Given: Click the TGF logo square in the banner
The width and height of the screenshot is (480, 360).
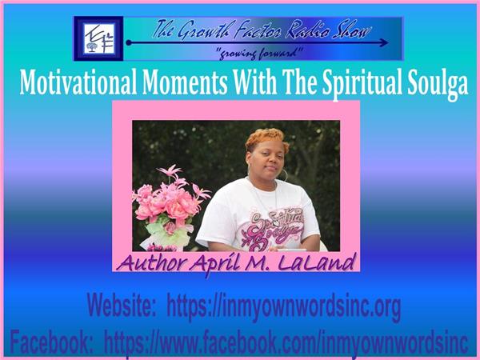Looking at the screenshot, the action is [x=98, y=38].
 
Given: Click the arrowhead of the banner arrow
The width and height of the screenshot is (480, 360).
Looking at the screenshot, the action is [x=383, y=42].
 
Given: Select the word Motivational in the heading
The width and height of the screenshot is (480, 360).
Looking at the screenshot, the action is [x=78, y=82].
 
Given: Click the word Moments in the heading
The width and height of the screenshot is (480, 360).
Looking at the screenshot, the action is [x=185, y=82].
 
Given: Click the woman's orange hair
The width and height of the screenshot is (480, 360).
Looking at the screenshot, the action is [x=266, y=138].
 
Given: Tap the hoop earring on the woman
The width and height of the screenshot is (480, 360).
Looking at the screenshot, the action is [x=284, y=174].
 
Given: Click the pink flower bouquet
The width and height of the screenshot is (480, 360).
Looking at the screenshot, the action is [x=170, y=203].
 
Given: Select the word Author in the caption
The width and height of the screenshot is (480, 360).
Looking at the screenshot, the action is [x=152, y=262].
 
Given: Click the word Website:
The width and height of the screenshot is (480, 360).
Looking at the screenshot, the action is [x=122, y=306].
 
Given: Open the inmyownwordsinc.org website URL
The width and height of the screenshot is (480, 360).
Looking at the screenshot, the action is [x=284, y=307].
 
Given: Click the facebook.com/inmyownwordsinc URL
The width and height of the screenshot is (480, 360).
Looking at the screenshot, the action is [x=286, y=343].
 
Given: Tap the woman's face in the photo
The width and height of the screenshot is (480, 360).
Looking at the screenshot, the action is [x=266, y=159].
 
